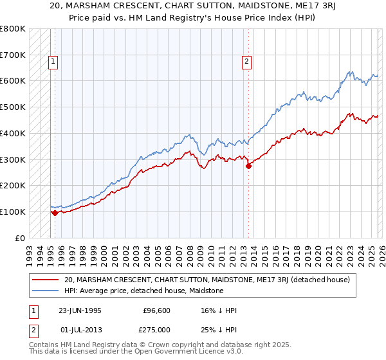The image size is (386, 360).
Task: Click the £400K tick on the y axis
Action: (13, 133)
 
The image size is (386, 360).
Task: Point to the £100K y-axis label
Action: (13, 212)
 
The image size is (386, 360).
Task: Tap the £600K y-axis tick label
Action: (13, 81)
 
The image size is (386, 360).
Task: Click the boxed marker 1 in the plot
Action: (52, 62)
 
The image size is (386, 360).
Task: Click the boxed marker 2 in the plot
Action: (246, 62)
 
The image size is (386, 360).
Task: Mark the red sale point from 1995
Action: (55, 213)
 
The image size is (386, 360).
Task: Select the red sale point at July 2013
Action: (248, 166)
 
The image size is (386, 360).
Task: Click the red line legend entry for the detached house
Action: (207, 280)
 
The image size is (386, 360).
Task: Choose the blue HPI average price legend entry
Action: (143, 291)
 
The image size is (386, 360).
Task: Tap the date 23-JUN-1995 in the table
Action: (80, 310)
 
